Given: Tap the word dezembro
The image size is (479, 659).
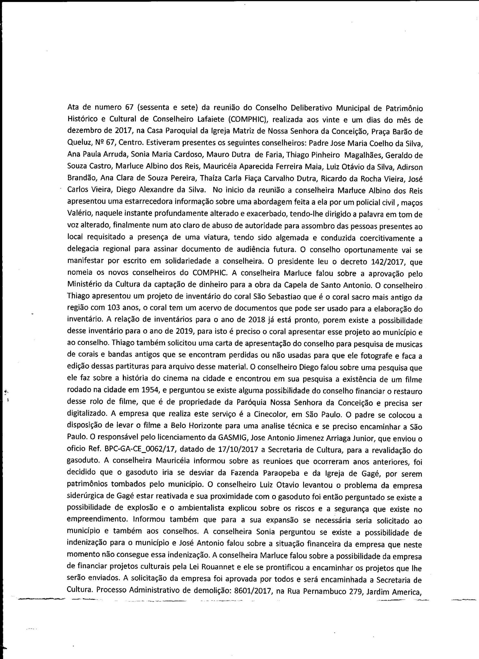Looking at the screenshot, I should pos(81,132).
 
